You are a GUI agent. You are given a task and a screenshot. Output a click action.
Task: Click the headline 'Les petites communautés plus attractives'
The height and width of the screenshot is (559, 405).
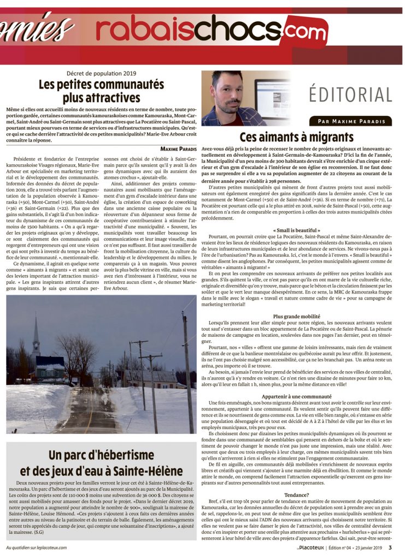[x=101, y=91]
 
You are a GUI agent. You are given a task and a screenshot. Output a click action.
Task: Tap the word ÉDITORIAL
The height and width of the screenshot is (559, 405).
[x=350, y=94]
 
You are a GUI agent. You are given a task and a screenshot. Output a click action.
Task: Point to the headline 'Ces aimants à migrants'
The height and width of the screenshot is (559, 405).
[x=297, y=137]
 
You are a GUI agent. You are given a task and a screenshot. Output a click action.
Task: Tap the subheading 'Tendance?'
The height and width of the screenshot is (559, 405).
[x=297, y=495]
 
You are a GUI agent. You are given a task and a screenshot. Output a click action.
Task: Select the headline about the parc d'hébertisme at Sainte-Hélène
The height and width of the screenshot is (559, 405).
[x=101, y=462]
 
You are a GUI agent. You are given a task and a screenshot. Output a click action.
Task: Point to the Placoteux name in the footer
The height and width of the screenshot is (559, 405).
[x=320, y=548]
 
